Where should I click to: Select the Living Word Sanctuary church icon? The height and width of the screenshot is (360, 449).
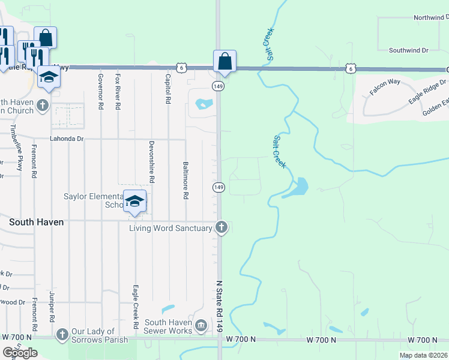(221, 228)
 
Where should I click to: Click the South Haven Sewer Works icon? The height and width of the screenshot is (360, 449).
(200, 325)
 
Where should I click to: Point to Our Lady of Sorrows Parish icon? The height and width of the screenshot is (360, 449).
(62, 334)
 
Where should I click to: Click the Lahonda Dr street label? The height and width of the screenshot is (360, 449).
(66, 139)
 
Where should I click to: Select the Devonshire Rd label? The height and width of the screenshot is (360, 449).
(152, 163)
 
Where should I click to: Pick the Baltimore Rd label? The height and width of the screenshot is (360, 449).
(185, 180)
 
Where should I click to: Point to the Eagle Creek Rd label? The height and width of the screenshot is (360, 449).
(136, 307)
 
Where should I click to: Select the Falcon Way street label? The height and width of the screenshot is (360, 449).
(385, 86)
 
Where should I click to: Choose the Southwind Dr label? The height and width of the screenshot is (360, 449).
(408, 50)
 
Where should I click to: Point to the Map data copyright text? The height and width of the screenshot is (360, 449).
(423, 355)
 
